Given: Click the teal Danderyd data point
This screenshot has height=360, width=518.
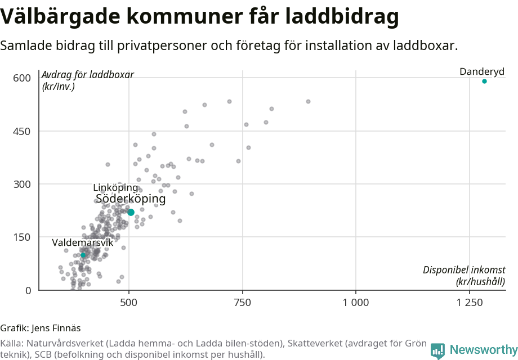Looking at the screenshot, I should coord(484,82).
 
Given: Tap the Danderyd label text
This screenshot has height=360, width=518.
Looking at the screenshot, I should coord(482,71).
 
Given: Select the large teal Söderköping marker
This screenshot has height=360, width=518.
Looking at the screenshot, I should coord(131,212).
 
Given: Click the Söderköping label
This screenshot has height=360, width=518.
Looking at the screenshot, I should coord(131,199).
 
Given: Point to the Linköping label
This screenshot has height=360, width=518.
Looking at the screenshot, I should coord(115,187).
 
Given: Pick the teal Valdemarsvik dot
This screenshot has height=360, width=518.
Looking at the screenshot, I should coord(83,255).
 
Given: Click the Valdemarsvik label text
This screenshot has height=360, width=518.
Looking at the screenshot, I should coord(83,243).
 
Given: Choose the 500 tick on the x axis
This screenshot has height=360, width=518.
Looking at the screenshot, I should coord(129,303).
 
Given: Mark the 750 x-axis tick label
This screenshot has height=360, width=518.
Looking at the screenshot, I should coord(243,303).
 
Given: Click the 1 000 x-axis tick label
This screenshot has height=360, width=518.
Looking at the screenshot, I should coord(356,303).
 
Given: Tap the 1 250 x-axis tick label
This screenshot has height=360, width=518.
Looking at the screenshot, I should coord(469,303).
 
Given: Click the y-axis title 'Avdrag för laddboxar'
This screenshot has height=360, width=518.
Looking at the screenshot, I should coord(88,75).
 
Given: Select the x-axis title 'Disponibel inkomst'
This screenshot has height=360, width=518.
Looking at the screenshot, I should coord(464,271).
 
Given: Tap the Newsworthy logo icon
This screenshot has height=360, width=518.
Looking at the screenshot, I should coord(437,350).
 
